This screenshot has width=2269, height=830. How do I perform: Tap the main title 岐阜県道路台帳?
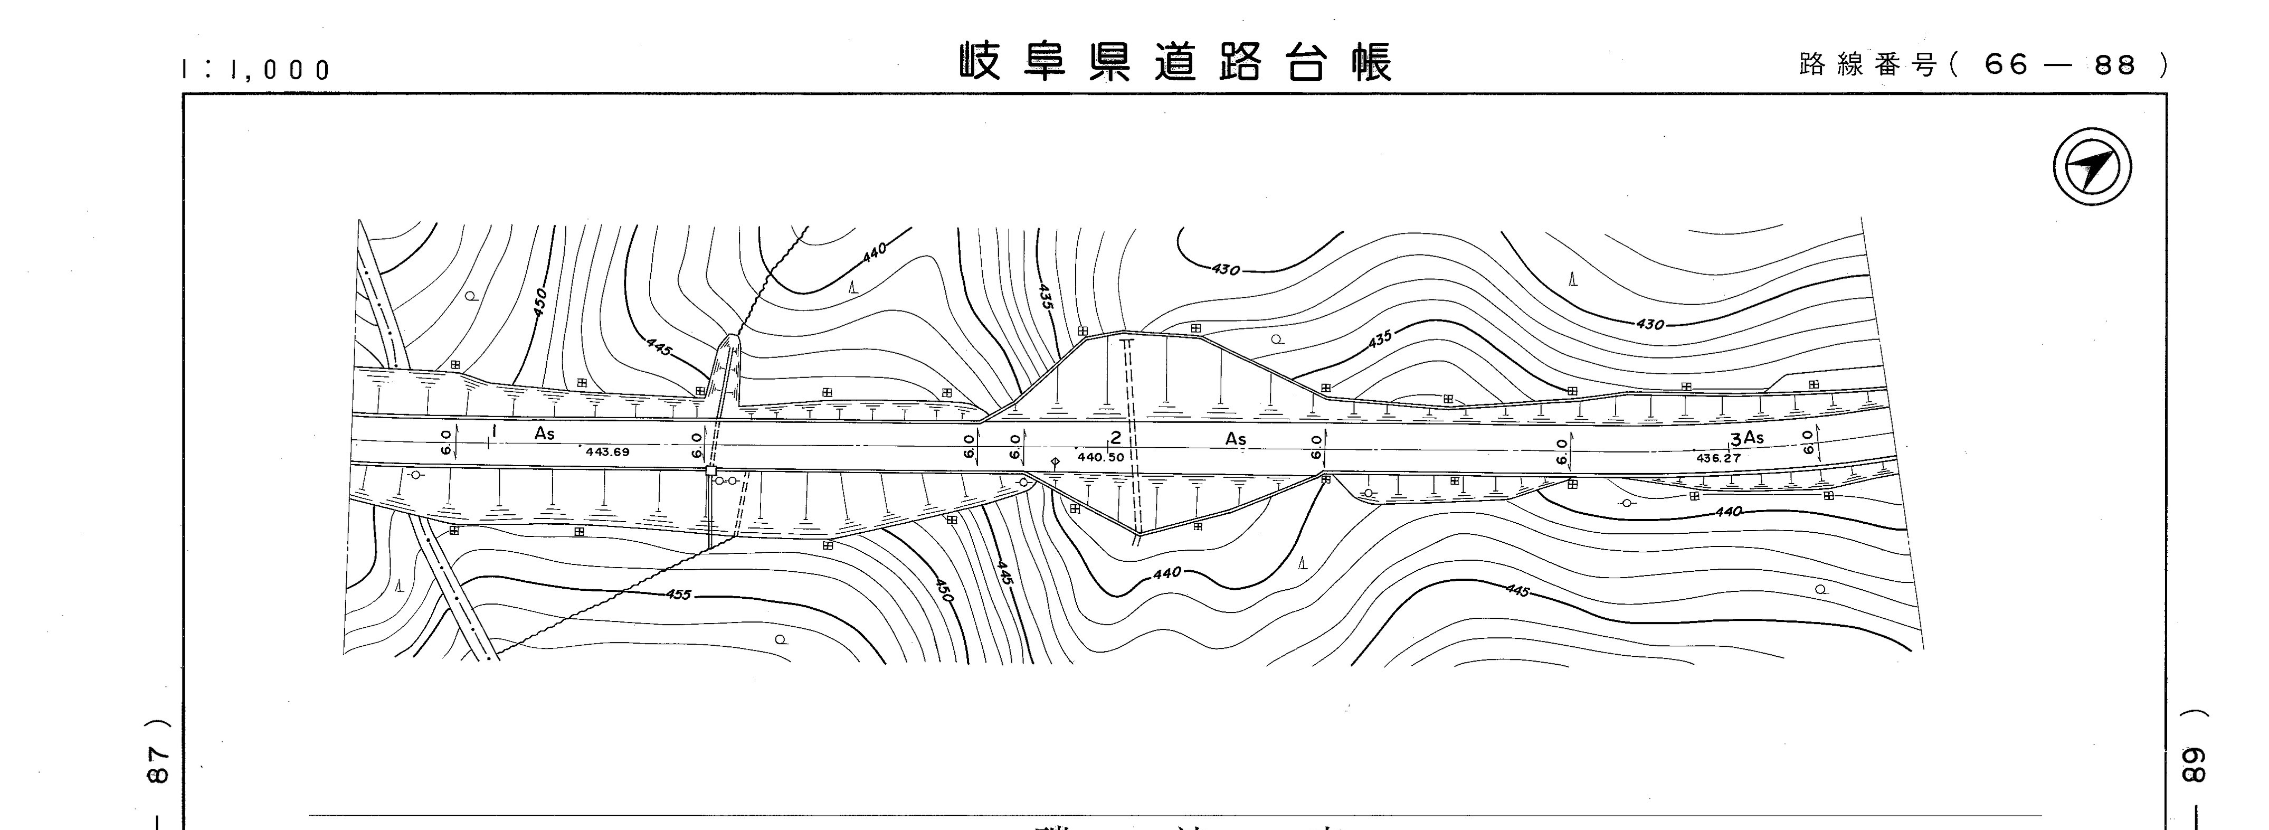coord(1176,62)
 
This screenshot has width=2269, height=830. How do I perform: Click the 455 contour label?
coord(678,595)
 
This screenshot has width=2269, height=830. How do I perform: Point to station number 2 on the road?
coord(1116,438)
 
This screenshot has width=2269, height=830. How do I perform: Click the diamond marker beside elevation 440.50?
coord(1055,461)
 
